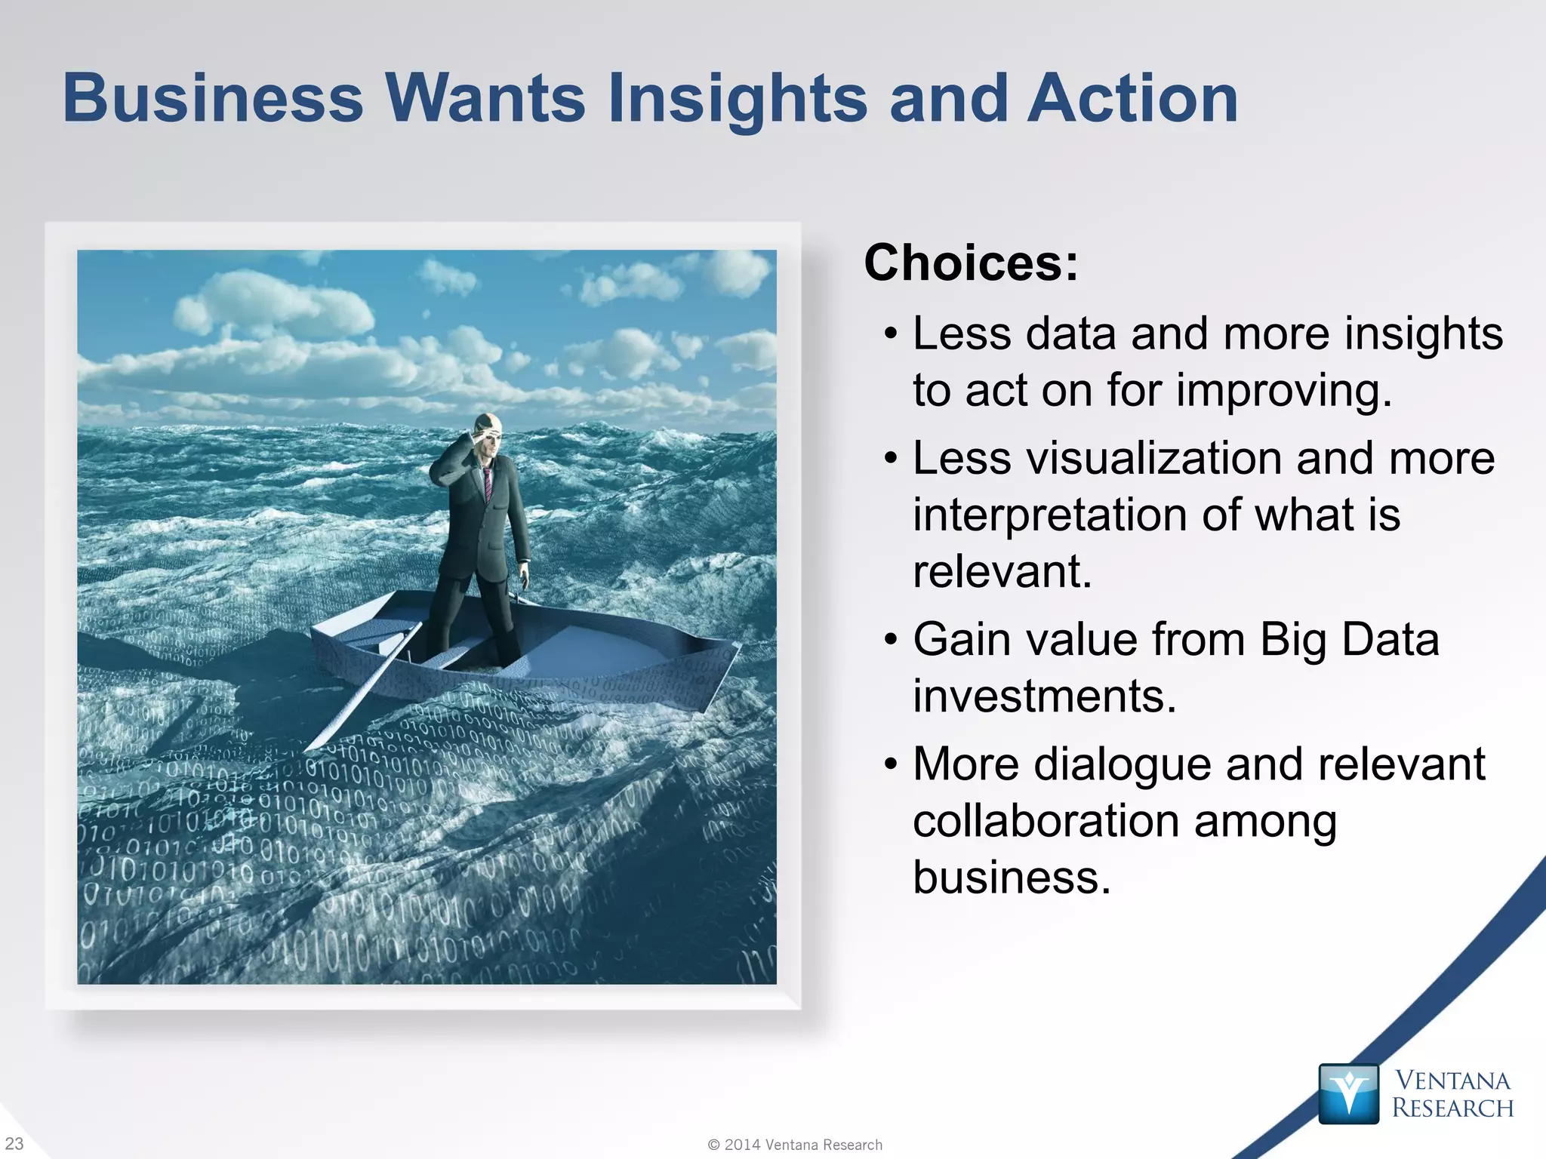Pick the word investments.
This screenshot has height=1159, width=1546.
(x=1044, y=696)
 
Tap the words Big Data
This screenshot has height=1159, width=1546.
(x=1349, y=640)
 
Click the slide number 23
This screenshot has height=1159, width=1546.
(x=14, y=1143)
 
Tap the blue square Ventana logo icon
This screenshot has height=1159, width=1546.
(x=1348, y=1093)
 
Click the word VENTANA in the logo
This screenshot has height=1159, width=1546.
(x=1452, y=1081)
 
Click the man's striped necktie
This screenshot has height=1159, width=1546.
(x=488, y=483)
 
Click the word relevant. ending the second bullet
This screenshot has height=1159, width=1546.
(x=1002, y=571)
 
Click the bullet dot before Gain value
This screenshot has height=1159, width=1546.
(x=891, y=641)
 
